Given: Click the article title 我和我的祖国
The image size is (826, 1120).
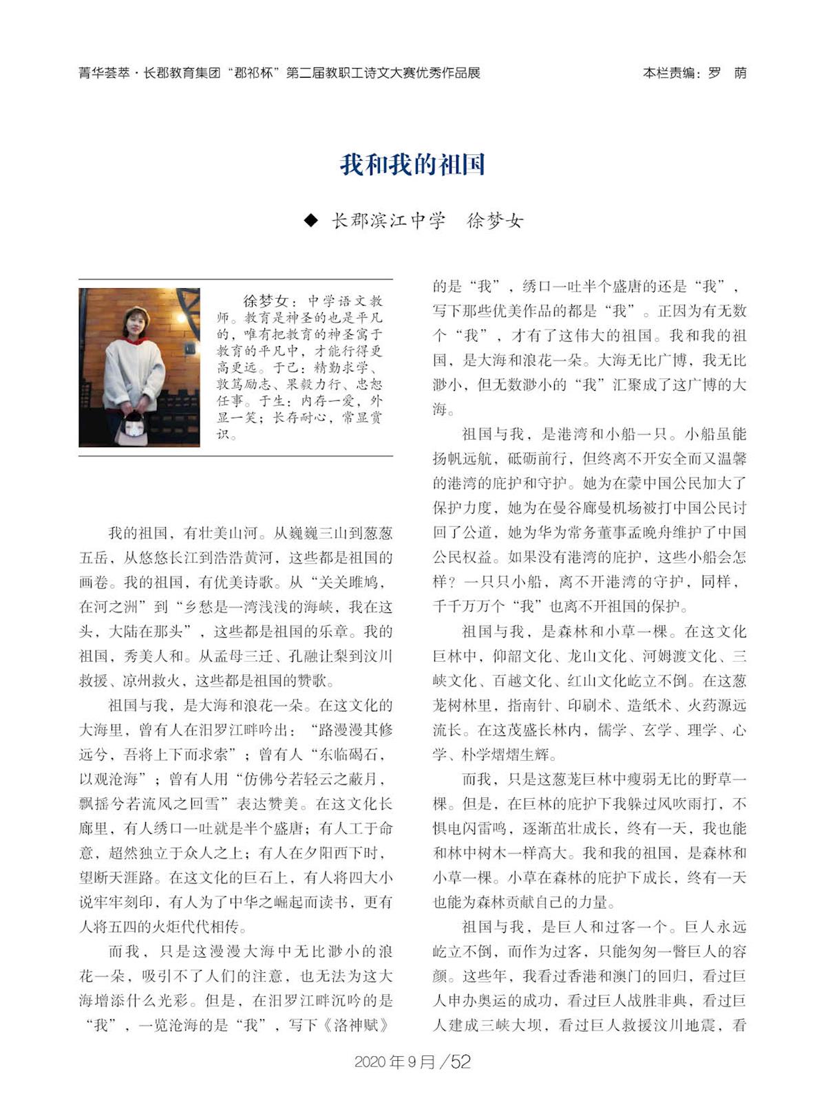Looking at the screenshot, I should click(x=412, y=165).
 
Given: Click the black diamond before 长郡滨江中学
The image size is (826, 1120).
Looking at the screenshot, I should click(x=311, y=220).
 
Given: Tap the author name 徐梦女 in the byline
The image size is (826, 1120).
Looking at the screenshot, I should click(x=495, y=221).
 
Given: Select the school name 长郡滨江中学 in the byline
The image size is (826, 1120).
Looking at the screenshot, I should click(x=389, y=221).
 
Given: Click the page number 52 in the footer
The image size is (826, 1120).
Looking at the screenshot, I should click(x=460, y=1062).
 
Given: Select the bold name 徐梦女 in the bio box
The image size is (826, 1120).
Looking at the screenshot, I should click(x=265, y=301).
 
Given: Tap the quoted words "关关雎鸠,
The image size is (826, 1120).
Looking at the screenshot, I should click(x=347, y=582).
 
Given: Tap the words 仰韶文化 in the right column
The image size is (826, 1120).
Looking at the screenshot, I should click(x=522, y=656).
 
